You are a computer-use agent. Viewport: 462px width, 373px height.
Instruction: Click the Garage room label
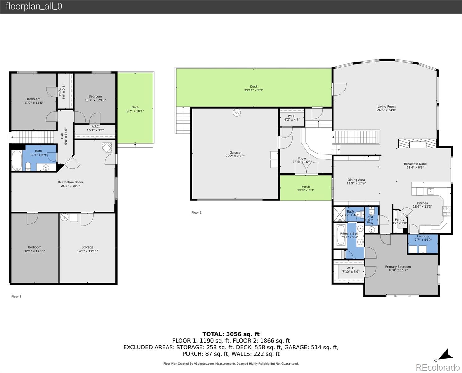tap(235, 153)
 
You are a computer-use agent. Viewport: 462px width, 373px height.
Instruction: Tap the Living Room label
tap(386, 107)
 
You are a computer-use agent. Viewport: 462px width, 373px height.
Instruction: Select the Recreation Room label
tap(70, 182)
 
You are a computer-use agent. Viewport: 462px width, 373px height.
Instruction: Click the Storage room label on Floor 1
tap(87, 247)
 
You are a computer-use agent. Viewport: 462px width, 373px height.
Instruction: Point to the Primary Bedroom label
tap(398, 267)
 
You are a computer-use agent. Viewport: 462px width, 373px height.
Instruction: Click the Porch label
tap(305, 187)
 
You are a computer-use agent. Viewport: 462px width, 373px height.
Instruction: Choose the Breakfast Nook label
tap(415, 164)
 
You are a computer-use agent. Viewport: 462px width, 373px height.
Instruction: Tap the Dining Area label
tap(356, 180)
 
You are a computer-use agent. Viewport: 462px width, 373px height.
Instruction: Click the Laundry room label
tap(423, 236)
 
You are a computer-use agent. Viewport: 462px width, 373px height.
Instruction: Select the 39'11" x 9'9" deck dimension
tap(254, 90)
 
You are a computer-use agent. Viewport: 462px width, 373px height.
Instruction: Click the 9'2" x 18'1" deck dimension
tap(135, 111)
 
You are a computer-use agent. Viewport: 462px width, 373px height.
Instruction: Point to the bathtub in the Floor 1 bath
tap(16, 161)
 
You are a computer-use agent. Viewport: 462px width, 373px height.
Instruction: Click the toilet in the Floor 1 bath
tap(28, 166)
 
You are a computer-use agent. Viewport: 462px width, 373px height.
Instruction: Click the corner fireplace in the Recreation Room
tap(107, 147)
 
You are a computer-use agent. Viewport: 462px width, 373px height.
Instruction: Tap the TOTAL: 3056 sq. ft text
tap(231, 334)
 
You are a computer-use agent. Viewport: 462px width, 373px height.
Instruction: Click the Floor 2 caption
tap(196, 213)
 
